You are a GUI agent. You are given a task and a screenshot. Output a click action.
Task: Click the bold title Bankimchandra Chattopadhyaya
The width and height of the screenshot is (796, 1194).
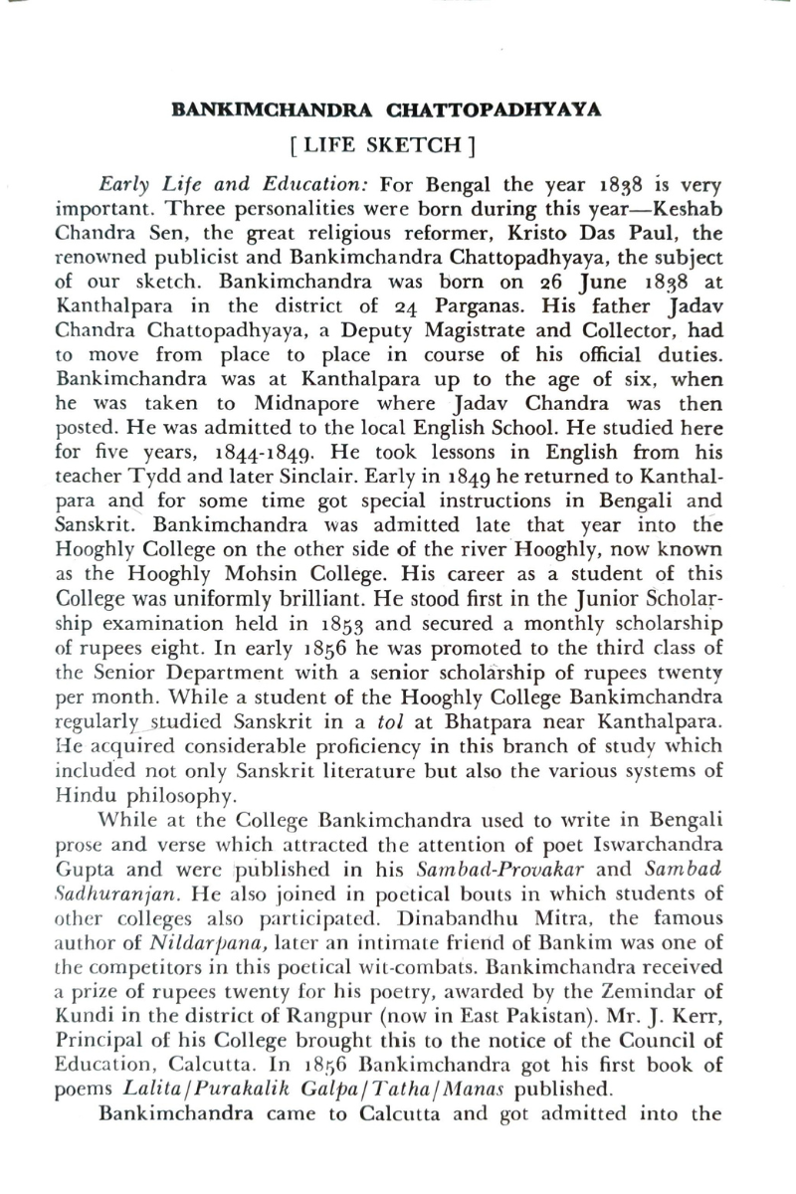tap(387, 109)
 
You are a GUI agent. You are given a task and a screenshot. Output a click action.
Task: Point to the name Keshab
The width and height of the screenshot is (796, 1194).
tap(688, 212)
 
